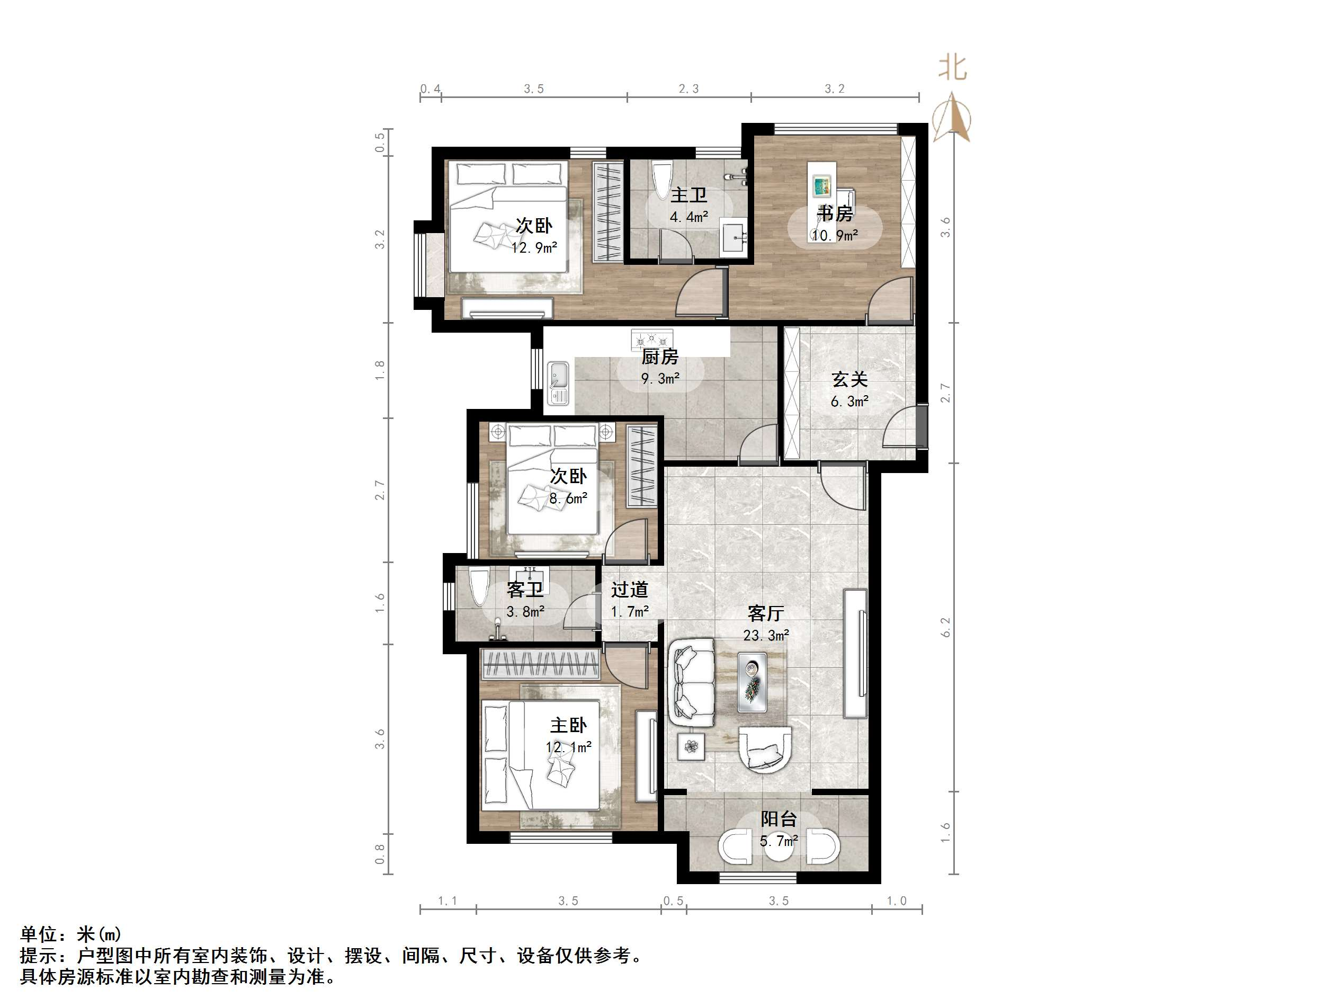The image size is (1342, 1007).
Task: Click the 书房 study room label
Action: coord(835,213)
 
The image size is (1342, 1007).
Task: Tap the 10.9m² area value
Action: coord(835,236)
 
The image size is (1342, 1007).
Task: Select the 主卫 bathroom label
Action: coord(688,195)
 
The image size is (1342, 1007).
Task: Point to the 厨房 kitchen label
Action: coord(660,357)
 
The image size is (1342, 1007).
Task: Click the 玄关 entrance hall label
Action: coord(849,379)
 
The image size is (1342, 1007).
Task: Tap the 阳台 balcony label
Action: coord(779,819)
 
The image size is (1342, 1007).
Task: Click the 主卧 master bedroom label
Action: coord(568,725)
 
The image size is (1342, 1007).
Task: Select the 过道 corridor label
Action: coord(630,590)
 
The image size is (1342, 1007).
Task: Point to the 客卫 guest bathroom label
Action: coord(525,590)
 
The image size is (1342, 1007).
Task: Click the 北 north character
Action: coord(953,67)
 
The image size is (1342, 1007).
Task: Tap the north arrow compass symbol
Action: coord(951,117)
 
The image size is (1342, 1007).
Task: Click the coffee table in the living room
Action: coord(751,682)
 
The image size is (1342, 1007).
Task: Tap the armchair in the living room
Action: coord(765,750)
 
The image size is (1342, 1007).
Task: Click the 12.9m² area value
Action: coord(534,248)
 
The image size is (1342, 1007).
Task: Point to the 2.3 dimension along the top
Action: coord(688,89)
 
